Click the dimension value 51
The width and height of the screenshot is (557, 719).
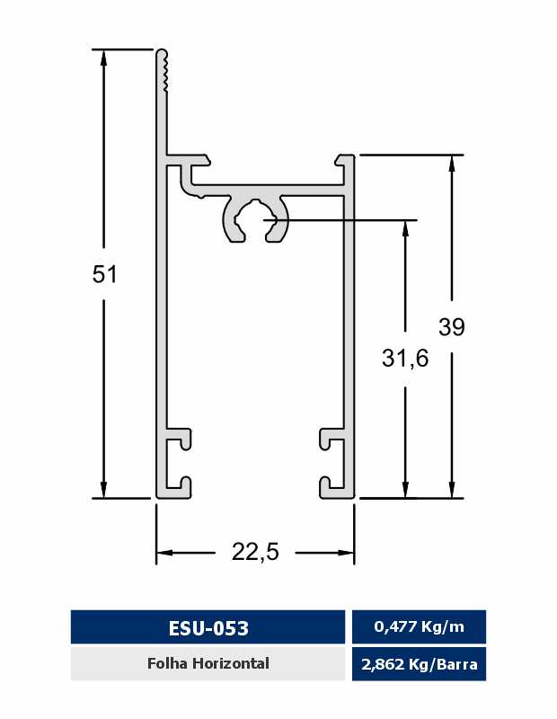tap(105, 274)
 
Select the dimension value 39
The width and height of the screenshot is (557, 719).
tap(452, 326)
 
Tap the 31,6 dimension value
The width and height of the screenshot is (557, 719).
tap(405, 358)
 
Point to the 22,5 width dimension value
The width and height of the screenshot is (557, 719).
tap(255, 552)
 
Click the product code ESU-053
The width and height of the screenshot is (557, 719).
tap(208, 627)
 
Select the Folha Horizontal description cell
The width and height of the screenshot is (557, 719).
tap(208, 663)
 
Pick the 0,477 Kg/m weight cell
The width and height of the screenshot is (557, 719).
tap(419, 626)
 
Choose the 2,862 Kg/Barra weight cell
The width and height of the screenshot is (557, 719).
tap(419, 664)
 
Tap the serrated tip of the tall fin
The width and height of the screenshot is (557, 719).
tap(162, 70)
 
